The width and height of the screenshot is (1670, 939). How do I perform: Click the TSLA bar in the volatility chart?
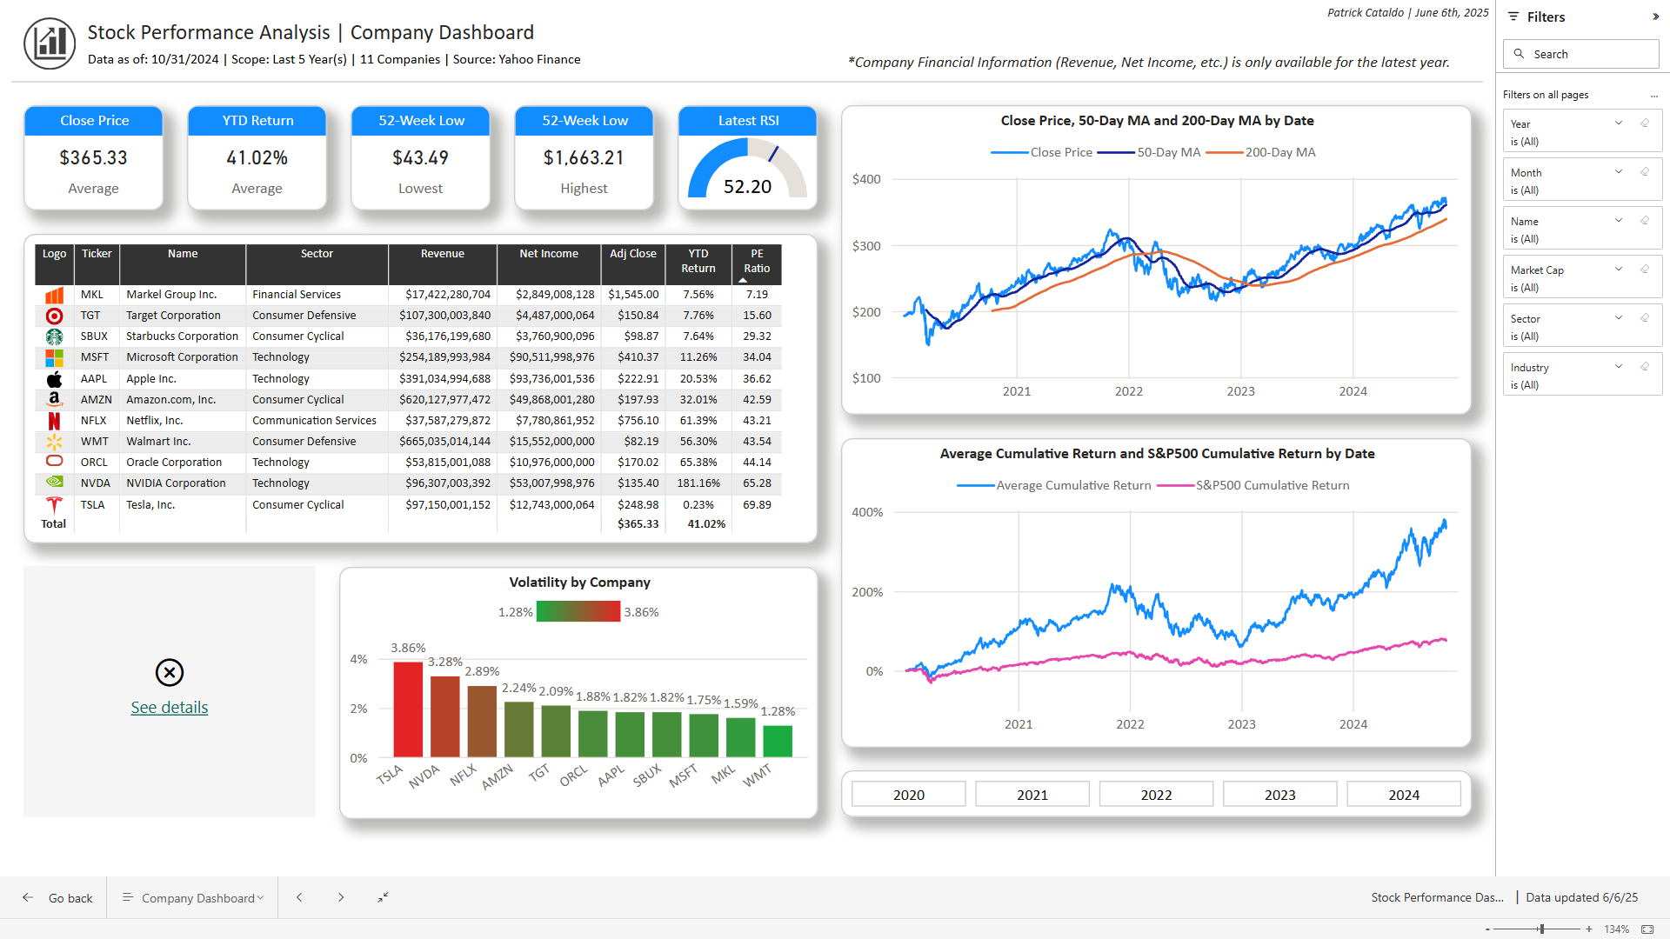pos(408,709)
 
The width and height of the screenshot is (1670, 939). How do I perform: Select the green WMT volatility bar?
pos(778,741)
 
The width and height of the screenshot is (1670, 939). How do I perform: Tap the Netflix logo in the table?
pos(54,421)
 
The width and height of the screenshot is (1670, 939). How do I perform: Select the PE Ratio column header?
pos(757,261)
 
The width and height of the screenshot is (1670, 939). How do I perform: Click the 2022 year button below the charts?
pos(1156,795)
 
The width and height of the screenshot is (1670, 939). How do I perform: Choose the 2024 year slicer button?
pos(1403,795)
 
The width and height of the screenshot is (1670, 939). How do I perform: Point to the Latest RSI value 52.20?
pos(747,187)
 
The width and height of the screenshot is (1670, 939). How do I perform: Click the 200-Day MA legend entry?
pos(1279,152)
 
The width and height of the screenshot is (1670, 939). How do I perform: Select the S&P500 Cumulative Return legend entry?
pos(1272,485)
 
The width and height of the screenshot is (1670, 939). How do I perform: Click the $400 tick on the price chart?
pos(866,179)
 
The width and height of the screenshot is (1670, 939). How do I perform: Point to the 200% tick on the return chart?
pos(867,592)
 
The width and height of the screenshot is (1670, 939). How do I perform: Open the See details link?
pos(170,708)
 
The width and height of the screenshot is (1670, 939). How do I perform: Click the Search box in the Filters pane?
pos(1581,54)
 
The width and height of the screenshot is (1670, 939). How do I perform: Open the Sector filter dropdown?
pos(1619,318)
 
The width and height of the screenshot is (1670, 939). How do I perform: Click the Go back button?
pos(58,898)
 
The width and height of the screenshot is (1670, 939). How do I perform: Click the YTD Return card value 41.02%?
pos(257,158)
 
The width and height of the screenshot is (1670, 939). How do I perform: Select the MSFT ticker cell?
pos(95,357)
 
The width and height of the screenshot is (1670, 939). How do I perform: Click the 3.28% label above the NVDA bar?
pos(444,662)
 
